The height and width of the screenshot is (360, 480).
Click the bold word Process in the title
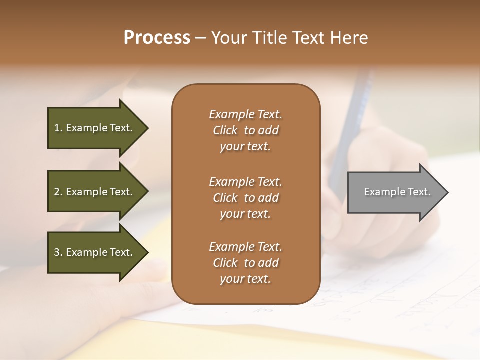pyautogui.click(x=157, y=38)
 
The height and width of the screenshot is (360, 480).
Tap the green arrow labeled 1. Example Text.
pyautogui.click(x=95, y=128)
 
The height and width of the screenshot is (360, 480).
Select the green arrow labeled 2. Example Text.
pyautogui.click(x=95, y=192)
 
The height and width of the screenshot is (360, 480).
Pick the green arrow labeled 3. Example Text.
pyautogui.click(x=95, y=252)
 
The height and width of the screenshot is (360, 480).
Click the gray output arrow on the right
pyautogui.click(x=395, y=192)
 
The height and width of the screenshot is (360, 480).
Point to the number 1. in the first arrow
pyautogui.click(x=58, y=128)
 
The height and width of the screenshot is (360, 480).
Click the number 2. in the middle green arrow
pyautogui.click(x=58, y=192)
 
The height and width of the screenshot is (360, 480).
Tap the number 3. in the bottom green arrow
pyautogui.click(x=58, y=252)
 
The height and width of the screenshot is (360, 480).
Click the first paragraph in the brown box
pyautogui.click(x=245, y=130)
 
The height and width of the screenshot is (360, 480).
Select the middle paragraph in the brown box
pyautogui.click(x=245, y=198)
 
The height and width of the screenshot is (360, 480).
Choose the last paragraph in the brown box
pyautogui.click(x=245, y=263)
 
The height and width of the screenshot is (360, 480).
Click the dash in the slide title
pyautogui.click(x=201, y=38)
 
